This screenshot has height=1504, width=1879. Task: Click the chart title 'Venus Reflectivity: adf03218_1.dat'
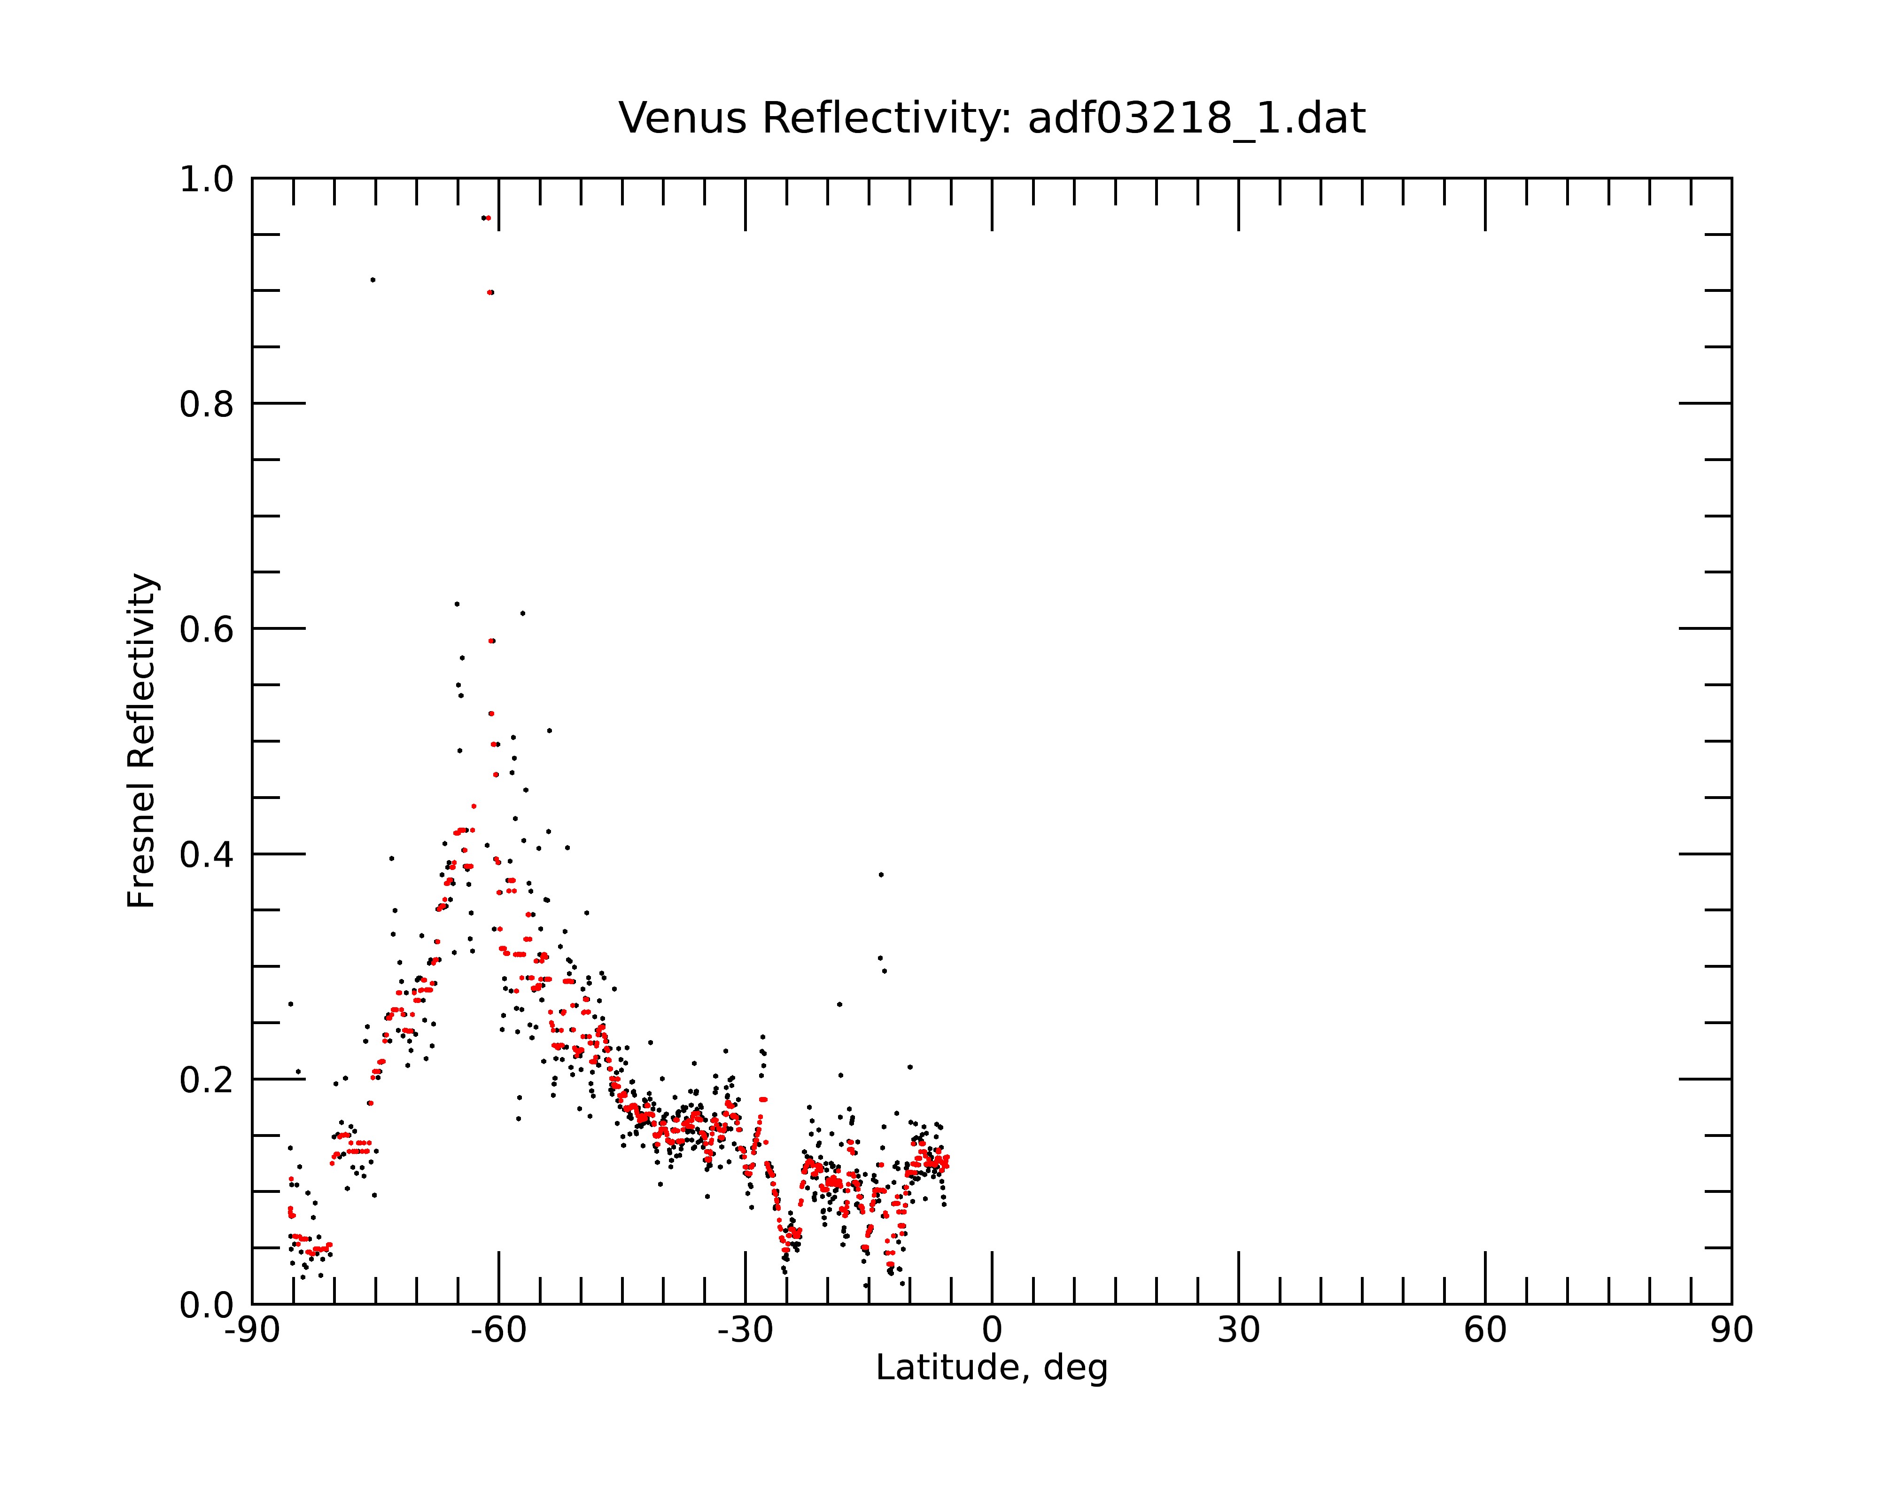click(992, 118)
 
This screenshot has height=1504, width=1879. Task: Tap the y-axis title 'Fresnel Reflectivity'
click(142, 740)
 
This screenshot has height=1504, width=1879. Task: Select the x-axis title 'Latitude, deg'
click(992, 1368)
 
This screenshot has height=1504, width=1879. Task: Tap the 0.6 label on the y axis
click(207, 629)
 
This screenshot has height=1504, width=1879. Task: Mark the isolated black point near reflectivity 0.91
click(373, 280)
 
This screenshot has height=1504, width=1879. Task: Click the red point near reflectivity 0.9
click(490, 292)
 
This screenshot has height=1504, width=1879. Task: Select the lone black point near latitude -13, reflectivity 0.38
click(881, 875)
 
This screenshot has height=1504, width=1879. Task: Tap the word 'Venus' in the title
click(683, 118)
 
